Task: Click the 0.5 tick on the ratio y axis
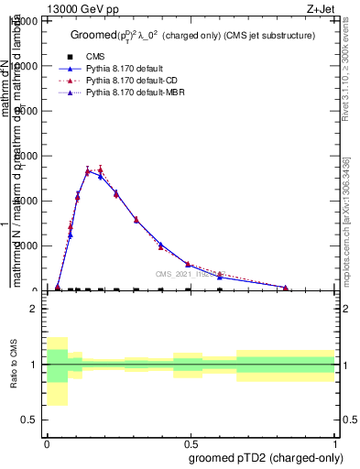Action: tap(30, 420)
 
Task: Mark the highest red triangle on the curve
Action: tap(100, 169)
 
